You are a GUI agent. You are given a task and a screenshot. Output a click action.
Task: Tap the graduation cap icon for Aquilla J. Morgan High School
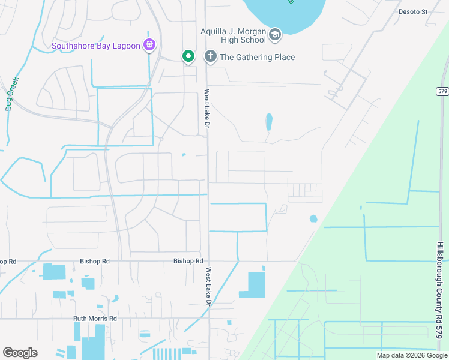275,35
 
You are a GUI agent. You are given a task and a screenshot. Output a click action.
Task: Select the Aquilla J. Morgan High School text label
233,35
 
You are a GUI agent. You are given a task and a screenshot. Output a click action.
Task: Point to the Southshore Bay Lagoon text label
95,45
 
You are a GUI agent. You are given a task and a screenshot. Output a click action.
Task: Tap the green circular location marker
188,56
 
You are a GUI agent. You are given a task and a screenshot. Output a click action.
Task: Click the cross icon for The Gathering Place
210,57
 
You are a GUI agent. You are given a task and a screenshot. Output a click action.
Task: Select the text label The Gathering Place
257,57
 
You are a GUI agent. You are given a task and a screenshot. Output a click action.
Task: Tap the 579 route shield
443,91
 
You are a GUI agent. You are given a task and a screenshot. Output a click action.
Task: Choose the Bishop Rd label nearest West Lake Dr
188,261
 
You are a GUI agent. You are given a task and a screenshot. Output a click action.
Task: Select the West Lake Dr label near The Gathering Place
206,109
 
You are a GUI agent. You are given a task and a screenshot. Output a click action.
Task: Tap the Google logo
20,353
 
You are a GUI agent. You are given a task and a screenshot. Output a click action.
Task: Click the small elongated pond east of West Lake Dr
269,122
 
